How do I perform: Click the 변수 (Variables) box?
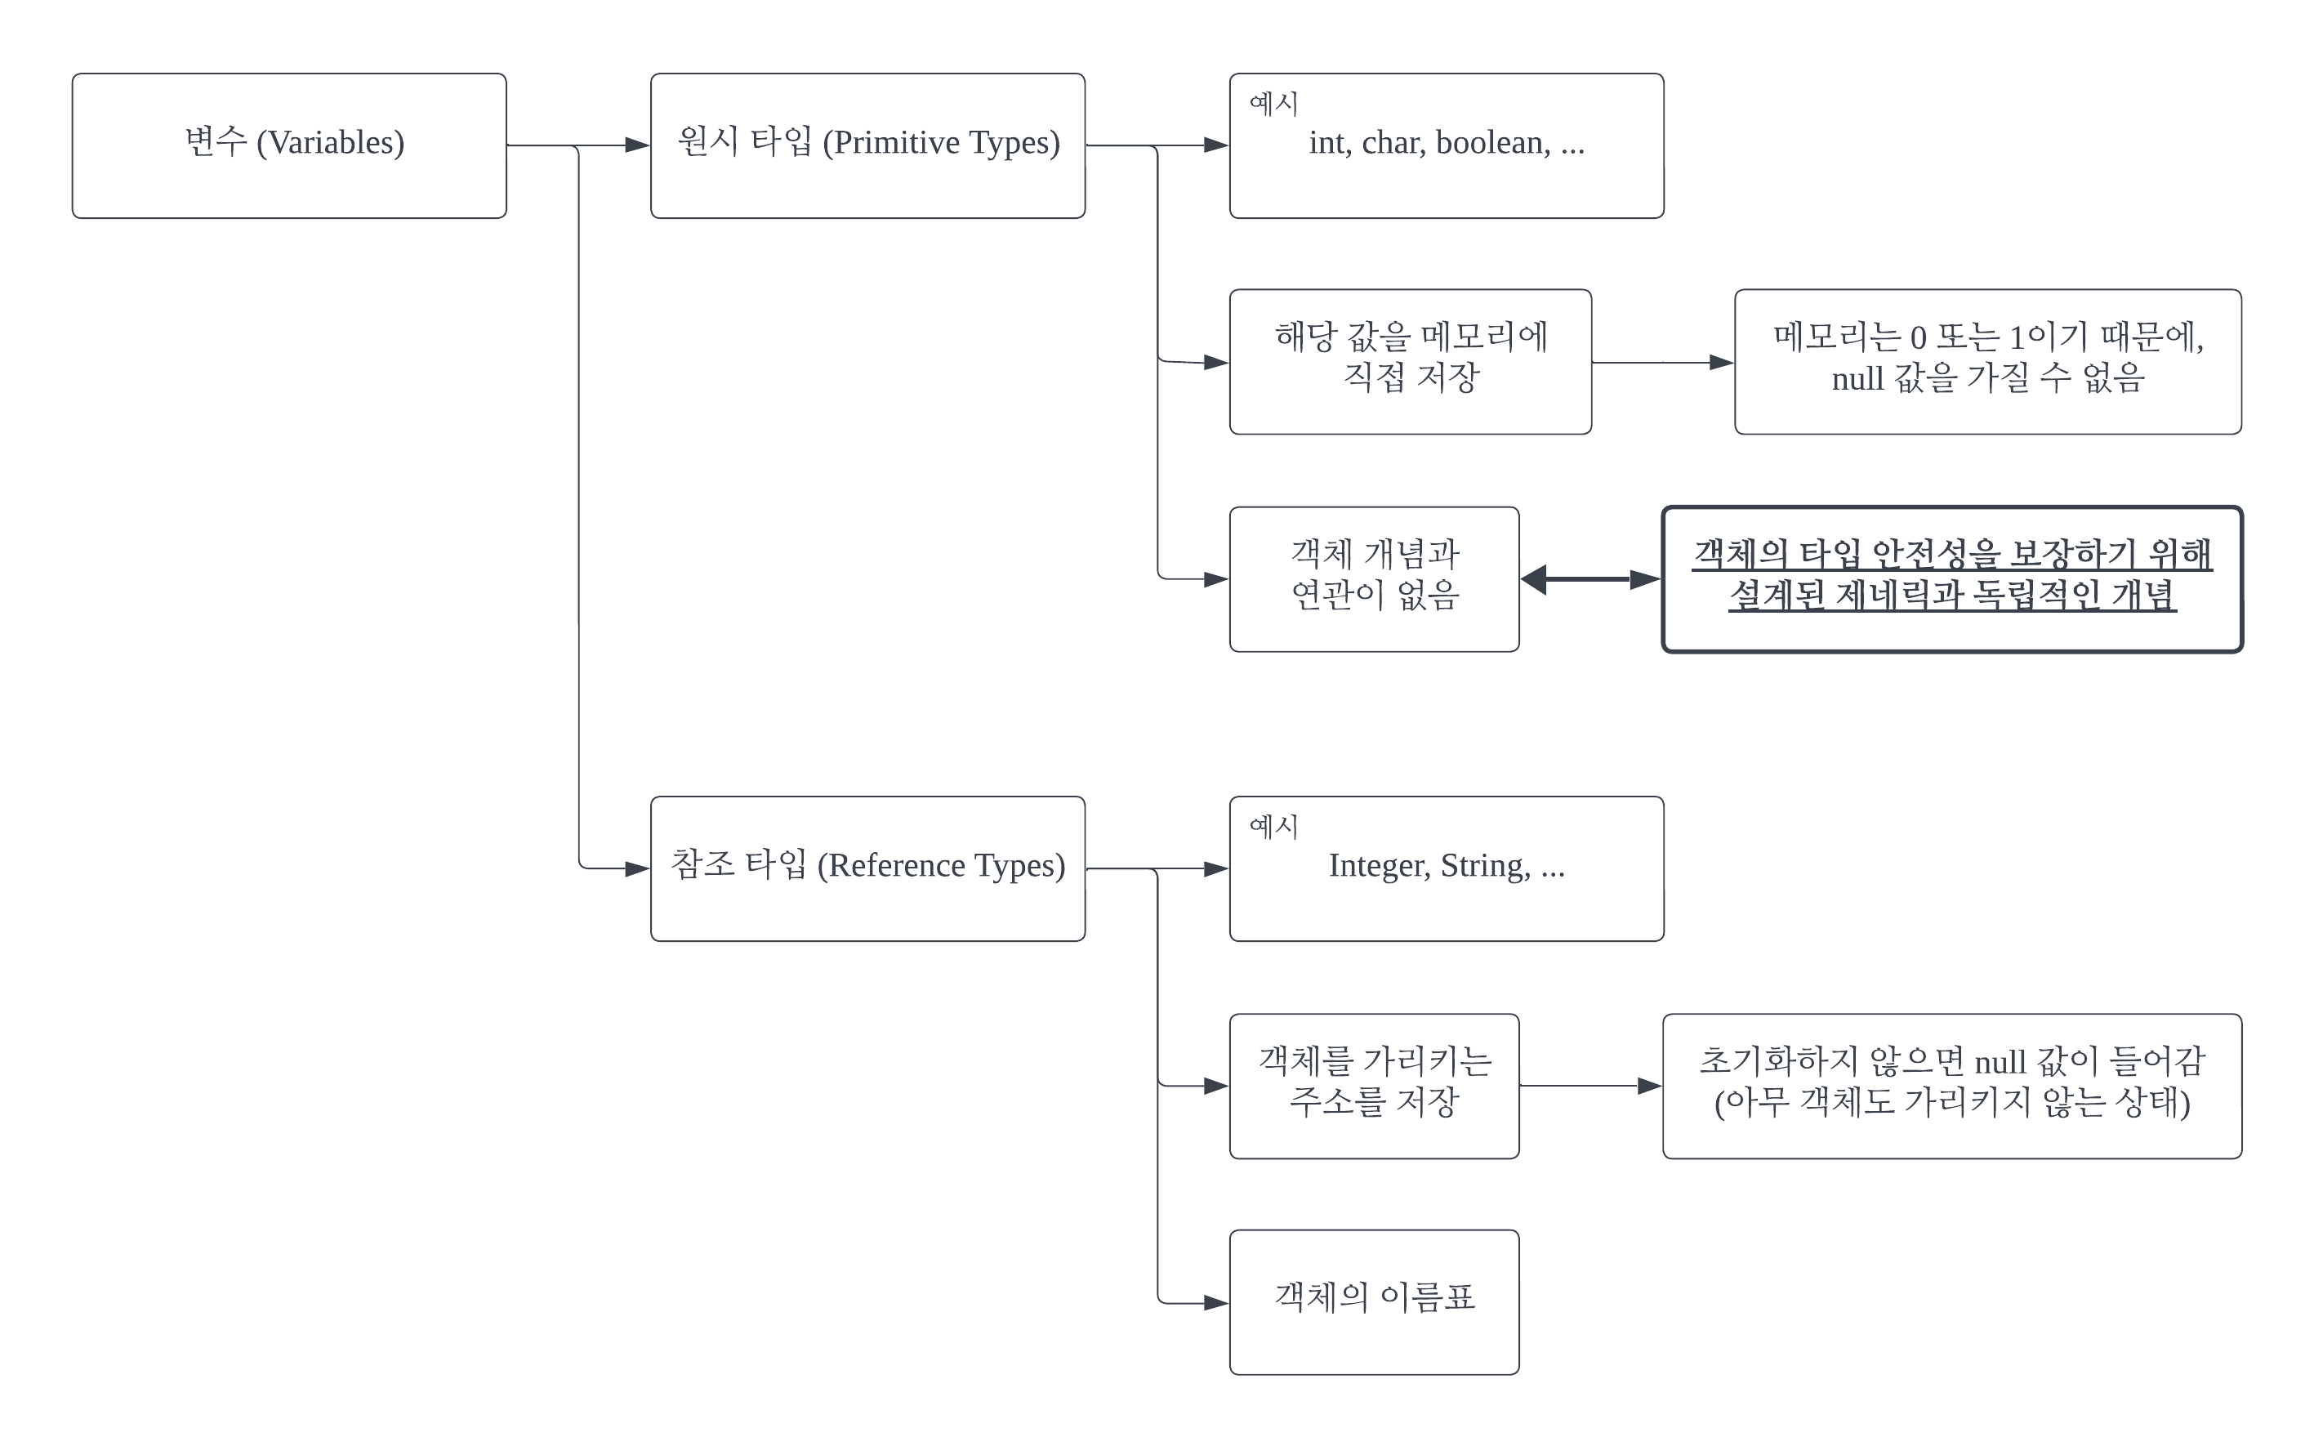[x=289, y=145]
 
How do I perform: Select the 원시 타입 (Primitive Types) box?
[x=867, y=145]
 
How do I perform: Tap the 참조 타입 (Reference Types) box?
[x=867, y=868]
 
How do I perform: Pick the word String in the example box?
[x=1485, y=867]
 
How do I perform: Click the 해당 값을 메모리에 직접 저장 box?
[x=1411, y=361]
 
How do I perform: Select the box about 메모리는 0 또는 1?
[x=1987, y=361]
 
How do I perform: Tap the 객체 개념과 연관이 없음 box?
[x=1374, y=578]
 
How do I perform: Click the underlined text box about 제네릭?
[x=1951, y=578]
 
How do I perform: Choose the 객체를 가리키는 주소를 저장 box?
[x=1374, y=1086]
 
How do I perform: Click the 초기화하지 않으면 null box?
[x=1951, y=1086]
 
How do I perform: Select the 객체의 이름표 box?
[x=1374, y=1301]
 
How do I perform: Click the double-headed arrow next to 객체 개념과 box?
[x=1590, y=579]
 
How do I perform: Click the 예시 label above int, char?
[x=1273, y=103]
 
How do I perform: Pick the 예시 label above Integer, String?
[x=1273, y=826]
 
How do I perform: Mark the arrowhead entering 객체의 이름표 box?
[x=1215, y=1302]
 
